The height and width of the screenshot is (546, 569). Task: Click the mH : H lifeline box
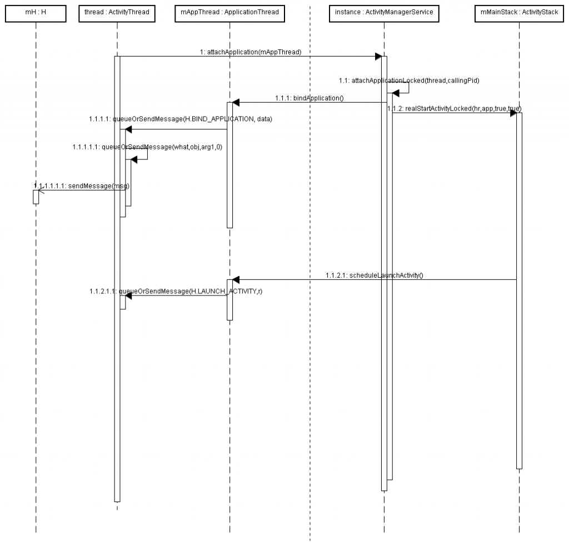coord(36,12)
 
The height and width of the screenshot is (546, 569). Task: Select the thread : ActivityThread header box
coord(117,12)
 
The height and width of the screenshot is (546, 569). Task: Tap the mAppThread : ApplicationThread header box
coord(229,12)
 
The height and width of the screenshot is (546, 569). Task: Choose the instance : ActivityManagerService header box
coord(383,12)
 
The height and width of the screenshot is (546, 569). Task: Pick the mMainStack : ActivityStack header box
coord(519,12)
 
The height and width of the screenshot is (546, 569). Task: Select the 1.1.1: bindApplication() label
coord(309,98)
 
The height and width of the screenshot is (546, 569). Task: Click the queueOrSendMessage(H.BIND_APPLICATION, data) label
coord(180,119)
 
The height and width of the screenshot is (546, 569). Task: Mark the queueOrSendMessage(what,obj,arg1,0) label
coord(147,147)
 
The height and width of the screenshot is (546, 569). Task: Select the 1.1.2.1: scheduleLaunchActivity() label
coord(375,275)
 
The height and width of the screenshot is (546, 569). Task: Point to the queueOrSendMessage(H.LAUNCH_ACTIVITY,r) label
coord(176,291)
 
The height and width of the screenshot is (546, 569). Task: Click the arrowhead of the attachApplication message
coord(378,56)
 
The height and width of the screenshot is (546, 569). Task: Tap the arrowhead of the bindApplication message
coord(235,102)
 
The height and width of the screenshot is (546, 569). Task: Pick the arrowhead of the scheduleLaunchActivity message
coord(235,279)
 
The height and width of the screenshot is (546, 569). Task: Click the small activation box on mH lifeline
coord(36,197)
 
